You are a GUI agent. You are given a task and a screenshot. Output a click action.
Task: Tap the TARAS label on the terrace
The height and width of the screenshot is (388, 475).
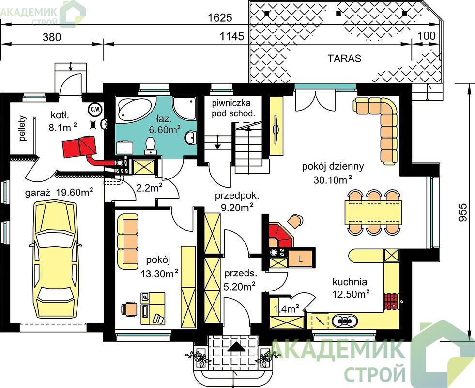click(344, 58)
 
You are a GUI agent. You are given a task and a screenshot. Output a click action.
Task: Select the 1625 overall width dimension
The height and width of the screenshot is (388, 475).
click(220, 18)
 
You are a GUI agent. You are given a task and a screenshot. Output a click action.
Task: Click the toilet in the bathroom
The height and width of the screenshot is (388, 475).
click(150, 145)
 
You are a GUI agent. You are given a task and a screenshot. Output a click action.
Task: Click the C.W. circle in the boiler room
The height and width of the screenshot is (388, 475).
click(94, 110)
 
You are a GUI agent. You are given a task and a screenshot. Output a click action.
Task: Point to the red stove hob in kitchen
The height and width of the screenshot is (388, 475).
click(391, 301)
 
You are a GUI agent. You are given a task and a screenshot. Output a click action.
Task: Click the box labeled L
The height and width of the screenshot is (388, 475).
click(300, 259)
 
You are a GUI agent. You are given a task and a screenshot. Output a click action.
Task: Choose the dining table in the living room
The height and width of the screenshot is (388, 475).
click(375, 212)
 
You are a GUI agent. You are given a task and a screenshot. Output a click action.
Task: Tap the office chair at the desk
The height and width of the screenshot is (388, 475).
click(129, 309)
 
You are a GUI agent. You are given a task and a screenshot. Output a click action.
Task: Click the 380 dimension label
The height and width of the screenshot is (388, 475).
click(52, 37)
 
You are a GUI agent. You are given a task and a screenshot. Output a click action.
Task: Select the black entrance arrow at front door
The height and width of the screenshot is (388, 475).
click(237, 346)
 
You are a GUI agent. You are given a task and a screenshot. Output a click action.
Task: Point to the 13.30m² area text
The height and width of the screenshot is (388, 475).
click(159, 274)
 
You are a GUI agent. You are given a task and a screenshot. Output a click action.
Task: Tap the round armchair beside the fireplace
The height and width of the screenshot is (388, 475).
click(295, 221)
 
